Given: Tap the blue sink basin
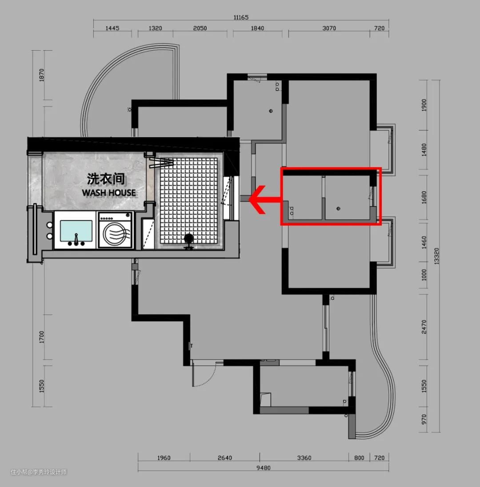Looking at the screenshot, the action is pyautogui.click(x=76, y=231).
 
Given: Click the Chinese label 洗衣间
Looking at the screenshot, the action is pyautogui.click(x=106, y=179).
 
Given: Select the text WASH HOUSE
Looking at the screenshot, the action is pyautogui.click(x=109, y=192).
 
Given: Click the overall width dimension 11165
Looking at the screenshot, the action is pyautogui.click(x=241, y=17).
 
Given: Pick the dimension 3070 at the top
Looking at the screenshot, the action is pyautogui.click(x=329, y=28).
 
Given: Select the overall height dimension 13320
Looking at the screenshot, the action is pyautogui.click(x=436, y=256).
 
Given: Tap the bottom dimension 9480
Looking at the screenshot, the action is pyautogui.click(x=264, y=468).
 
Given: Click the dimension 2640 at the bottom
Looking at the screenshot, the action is pyautogui.click(x=224, y=458).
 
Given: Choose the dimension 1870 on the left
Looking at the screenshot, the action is pyautogui.click(x=42, y=75).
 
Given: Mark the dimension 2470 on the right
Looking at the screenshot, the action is pyautogui.click(x=424, y=327).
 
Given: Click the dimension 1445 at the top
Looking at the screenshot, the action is pyautogui.click(x=112, y=28).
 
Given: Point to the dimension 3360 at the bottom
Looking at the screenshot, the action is pyautogui.click(x=304, y=458).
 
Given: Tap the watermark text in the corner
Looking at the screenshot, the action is pyautogui.click(x=39, y=472).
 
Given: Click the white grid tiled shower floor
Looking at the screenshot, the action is pyautogui.click(x=188, y=201).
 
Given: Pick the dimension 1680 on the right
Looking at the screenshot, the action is pyautogui.click(x=424, y=198).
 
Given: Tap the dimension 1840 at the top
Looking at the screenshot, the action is pyautogui.click(x=257, y=28).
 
